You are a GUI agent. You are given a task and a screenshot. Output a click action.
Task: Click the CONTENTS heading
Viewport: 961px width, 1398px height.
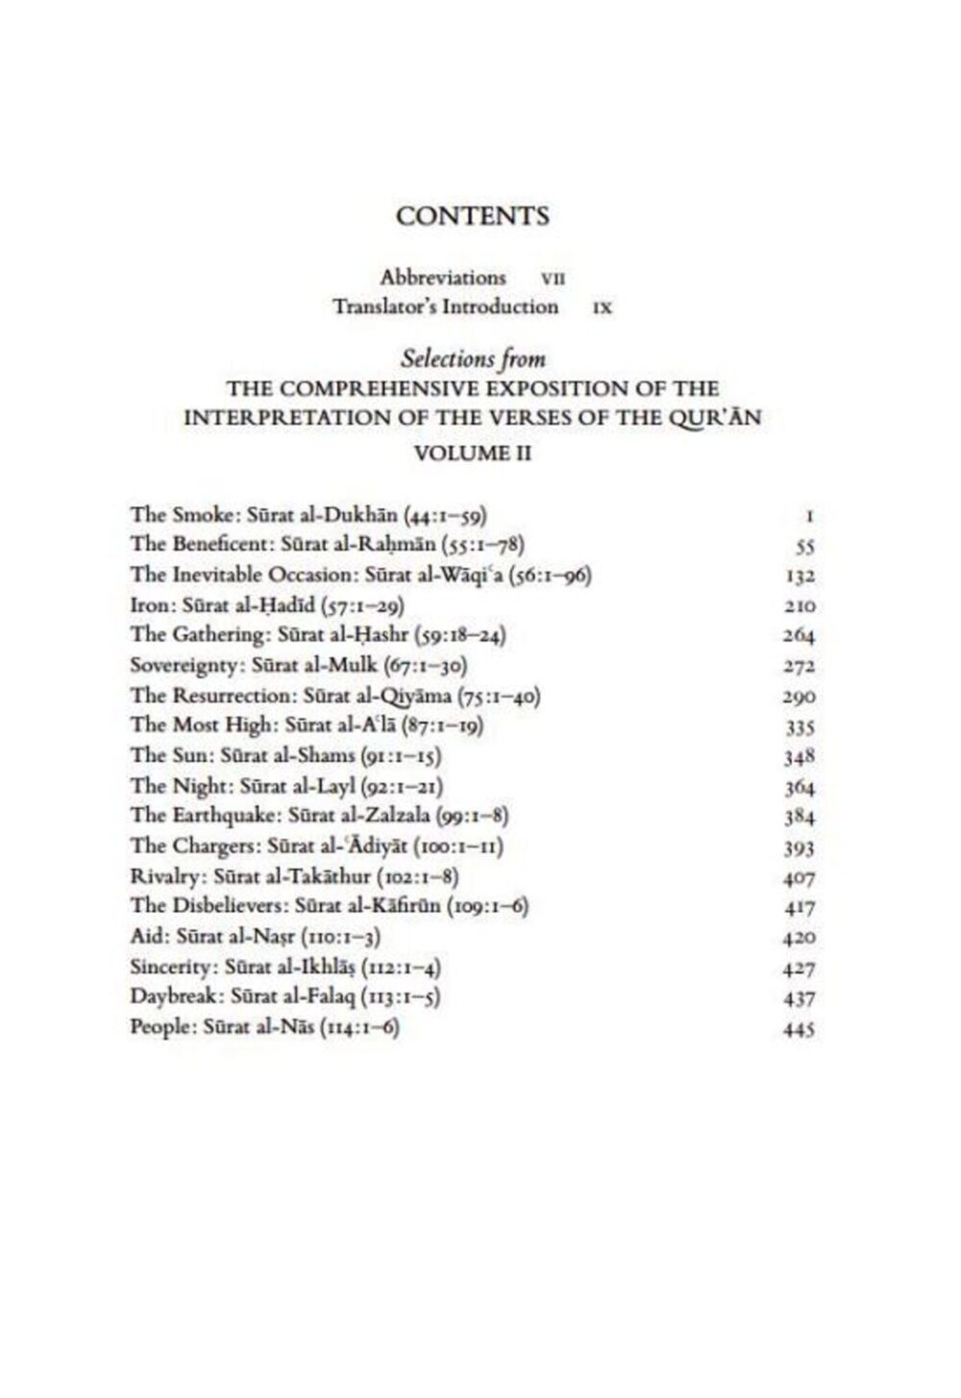click(x=472, y=216)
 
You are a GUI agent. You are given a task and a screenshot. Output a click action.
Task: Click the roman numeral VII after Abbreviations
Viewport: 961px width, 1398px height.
click(x=553, y=280)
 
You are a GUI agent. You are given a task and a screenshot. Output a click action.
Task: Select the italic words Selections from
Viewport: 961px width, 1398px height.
click(x=473, y=358)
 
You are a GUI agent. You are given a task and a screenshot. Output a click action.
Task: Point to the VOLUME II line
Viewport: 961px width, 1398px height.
click(x=472, y=453)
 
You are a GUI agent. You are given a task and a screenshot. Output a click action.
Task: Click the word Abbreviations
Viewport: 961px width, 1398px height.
click(x=442, y=278)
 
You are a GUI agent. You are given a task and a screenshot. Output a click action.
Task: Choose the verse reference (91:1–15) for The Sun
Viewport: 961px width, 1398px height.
click(x=410, y=755)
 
